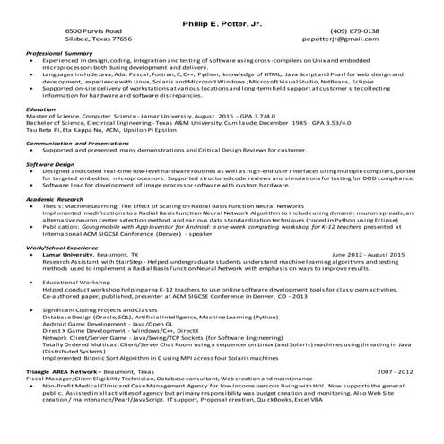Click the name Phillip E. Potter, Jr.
click(x=222, y=20)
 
